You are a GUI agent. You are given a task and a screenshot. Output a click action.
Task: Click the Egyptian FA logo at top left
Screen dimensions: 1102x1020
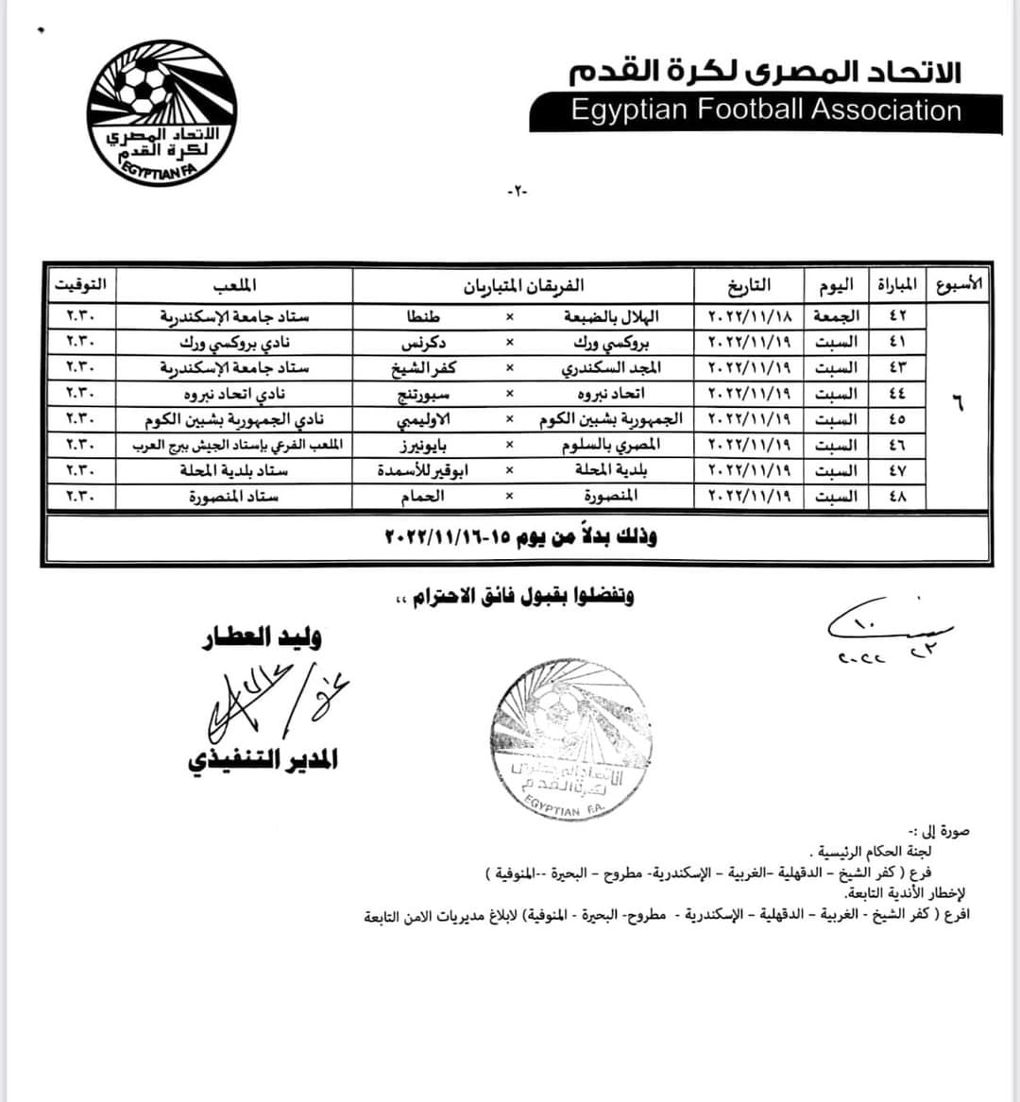[161, 112]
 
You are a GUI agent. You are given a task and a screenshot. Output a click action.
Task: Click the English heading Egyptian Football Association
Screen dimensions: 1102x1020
[765, 110]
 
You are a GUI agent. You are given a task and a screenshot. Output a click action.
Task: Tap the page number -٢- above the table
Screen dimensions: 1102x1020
[518, 191]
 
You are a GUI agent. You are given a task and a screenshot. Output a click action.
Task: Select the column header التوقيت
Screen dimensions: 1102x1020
[80, 283]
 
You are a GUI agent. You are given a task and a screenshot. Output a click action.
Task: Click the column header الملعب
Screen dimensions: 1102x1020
[234, 283]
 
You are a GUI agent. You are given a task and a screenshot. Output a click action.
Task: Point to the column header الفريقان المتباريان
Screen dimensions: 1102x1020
[525, 284]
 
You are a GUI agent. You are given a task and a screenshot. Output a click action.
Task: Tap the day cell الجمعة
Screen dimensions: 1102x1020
[836, 315]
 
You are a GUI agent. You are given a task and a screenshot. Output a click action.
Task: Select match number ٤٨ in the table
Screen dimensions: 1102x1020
[896, 496]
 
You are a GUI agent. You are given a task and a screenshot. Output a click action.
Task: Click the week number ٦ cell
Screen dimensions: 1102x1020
[958, 404]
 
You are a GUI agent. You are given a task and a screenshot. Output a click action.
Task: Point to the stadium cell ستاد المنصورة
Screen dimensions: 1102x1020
[233, 496]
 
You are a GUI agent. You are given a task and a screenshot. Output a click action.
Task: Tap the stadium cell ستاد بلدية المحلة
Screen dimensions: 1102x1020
[233, 470]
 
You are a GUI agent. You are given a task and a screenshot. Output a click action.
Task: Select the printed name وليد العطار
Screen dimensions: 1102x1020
[262, 637]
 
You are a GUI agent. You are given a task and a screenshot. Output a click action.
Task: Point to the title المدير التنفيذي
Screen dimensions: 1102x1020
[262, 759]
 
